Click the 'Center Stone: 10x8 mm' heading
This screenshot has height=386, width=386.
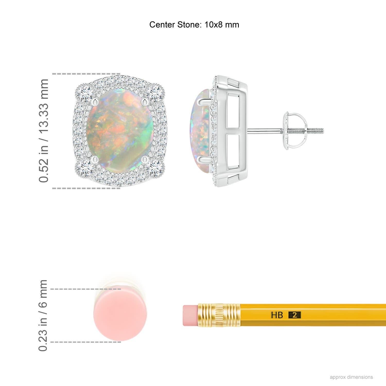pos(194,25)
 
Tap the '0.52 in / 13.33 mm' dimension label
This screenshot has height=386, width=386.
pos(43,131)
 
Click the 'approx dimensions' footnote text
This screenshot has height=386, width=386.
pos(351,377)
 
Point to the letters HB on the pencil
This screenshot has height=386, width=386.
pos(277,315)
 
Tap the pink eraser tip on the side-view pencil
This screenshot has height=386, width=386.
pos(190,315)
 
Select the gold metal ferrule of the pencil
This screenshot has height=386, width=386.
pos(219,315)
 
